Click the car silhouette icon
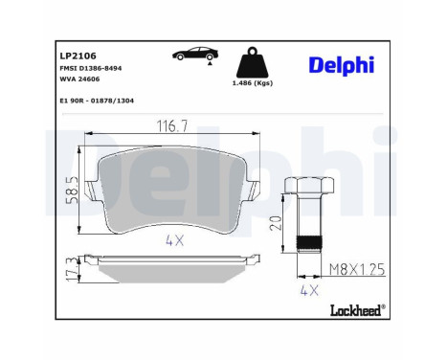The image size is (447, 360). [x=191, y=56]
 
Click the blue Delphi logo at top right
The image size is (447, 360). [x=342, y=64]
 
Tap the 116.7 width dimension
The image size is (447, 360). [x=173, y=125]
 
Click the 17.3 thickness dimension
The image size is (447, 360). [x=69, y=269]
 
